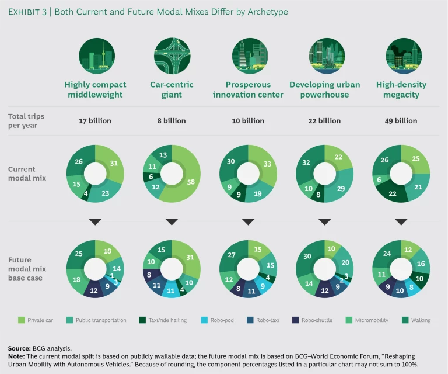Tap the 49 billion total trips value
(401, 121)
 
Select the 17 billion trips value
(95, 121)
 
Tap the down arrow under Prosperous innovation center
(248, 222)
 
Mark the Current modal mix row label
(26, 173)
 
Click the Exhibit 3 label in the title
(27, 12)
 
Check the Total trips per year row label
(26, 121)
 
